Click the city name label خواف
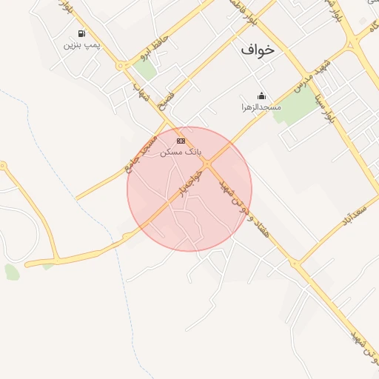tap(257, 50)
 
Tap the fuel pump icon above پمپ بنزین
tap(81, 33)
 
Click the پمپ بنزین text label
tap(81, 45)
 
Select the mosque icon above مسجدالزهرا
tap(261, 95)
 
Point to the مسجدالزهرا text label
tap(261, 107)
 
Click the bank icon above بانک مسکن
tap(181, 141)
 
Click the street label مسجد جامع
tap(141, 154)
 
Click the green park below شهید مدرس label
tap(295, 108)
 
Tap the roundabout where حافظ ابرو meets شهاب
tap(120, 66)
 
